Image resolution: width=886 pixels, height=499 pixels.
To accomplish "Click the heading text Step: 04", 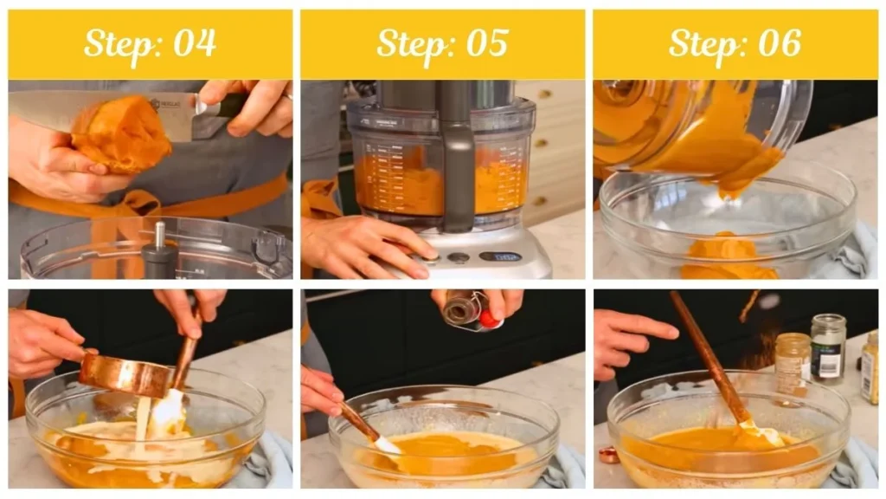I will click(x=150, y=43).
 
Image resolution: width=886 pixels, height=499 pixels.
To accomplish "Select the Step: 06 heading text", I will click(x=735, y=43).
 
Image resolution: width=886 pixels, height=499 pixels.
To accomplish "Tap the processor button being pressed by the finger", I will click(x=430, y=256).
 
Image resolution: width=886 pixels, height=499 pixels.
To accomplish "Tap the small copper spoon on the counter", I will click(x=609, y=454).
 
